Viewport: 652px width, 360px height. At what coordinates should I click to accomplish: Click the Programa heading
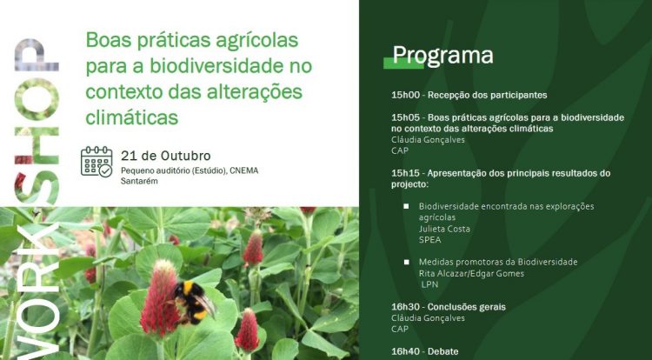(x=442, y=57)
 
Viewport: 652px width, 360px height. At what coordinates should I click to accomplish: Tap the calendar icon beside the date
(x=96, y=161)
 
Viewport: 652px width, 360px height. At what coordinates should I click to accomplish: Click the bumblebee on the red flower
(x=194, y=303)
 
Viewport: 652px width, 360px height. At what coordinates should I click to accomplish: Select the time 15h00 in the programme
(x=405, y=95)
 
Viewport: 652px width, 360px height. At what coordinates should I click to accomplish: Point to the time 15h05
(x=405, y=117)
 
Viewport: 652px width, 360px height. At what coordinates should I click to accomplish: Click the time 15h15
(x=405, y=173)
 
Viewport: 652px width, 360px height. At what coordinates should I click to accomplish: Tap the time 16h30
(x=405, y=307)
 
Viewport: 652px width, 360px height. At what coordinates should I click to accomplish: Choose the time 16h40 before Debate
(x=405, y=351)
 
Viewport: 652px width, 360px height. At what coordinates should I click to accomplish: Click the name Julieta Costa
(x=444, y=229)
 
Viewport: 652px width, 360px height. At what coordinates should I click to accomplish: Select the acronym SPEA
(x=430, y=240)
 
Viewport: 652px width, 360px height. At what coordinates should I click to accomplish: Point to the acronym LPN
(x=430, y=284)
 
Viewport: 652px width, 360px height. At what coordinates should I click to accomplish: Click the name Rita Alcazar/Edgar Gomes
(x=471, y=274)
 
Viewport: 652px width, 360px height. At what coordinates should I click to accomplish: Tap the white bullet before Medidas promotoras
(x=406, y=263)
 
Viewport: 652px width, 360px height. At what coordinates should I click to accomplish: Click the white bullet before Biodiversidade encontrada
(x=406, y=206)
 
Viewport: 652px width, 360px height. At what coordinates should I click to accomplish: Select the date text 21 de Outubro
(x=166, y=156)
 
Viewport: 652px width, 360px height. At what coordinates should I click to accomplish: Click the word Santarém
(x=139, y=181)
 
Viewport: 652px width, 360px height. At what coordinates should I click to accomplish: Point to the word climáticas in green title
(x=132, y=117)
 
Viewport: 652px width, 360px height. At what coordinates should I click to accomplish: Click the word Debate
(x=442, y=351)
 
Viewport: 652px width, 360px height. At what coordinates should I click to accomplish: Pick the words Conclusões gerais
(x=467, y=307)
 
